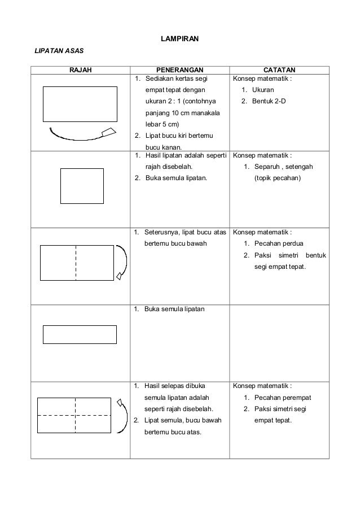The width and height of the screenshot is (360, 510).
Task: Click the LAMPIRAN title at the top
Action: pos(179,38)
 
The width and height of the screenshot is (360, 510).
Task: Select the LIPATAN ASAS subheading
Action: pos(59,51)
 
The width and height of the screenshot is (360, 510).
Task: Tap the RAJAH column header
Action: pos(81,70)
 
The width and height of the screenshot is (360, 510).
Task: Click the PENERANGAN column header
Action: pos(180,70)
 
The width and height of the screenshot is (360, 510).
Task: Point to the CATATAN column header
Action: pos(279,70)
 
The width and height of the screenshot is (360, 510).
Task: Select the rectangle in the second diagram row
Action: pos(82,185)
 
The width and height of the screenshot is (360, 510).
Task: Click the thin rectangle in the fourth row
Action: pos(80,334)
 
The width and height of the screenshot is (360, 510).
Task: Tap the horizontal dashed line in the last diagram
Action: pos(75,415)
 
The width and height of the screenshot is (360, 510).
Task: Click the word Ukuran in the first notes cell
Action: pos(263,90)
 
